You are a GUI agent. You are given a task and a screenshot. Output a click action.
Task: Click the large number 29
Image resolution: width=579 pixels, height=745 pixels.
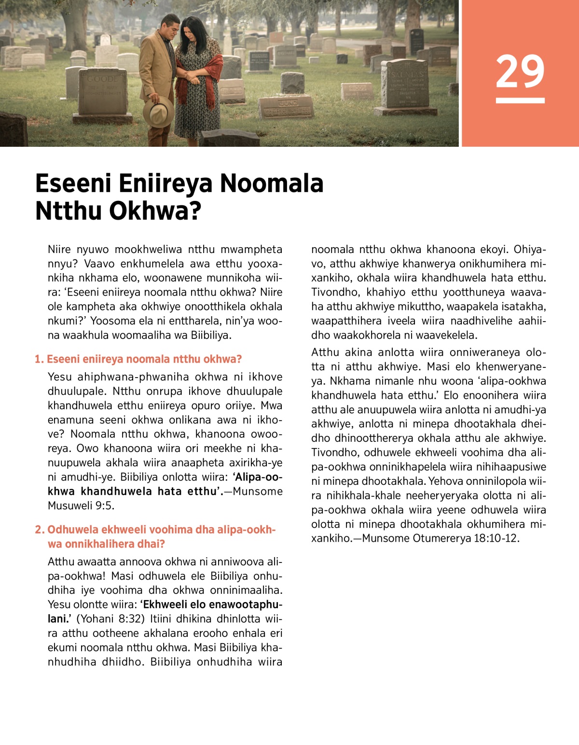click(520, 71)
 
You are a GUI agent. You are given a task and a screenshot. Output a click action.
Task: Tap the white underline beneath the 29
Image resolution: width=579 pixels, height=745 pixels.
click(520, 100)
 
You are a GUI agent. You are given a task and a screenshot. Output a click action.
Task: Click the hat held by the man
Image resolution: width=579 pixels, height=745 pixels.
click(158, 112)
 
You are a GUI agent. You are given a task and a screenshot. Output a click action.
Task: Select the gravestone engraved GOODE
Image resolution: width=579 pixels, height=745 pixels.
click(102, 92)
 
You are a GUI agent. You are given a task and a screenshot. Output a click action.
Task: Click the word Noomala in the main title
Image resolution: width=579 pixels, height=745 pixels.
click(272, 183)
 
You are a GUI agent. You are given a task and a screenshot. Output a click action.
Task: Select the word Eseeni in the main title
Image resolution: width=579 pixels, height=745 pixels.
click(73, 183)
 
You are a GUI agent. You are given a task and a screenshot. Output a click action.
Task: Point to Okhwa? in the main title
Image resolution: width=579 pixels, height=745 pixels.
click(155, 211)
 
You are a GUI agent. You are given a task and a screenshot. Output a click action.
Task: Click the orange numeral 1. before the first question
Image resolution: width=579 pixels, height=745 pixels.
click(39, 359)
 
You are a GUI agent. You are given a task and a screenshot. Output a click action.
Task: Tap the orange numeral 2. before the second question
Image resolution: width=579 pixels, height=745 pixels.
click(40, 530)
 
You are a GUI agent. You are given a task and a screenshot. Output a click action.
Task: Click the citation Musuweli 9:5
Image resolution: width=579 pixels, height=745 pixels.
click(81, 506)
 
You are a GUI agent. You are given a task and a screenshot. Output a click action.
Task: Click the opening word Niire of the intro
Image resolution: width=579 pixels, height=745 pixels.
click(59, 250)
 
